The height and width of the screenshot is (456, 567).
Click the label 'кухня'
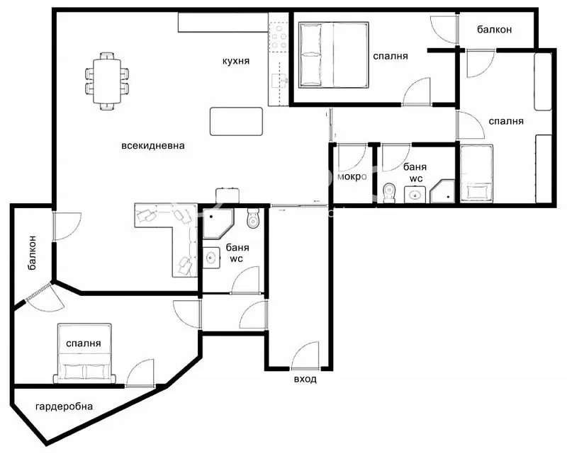[x=235, y=62]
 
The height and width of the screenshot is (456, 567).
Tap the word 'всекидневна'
[x=153, y=146]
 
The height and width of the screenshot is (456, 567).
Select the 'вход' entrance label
[x=305, y=379]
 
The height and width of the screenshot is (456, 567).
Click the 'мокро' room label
[x=352, y=177]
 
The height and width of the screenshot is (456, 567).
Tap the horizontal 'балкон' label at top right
[x=494, y=30]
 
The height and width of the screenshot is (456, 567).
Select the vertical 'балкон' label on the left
[x=33, y=253]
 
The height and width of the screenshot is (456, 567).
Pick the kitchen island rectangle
[x=237, y=121]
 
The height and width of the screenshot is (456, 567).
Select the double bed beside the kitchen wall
[x=334, y=55]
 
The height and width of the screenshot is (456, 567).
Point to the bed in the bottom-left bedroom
[x=84, y=353]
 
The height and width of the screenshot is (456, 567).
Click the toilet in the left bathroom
[x=254, y=220]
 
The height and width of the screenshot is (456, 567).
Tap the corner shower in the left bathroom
[x=215, y=224]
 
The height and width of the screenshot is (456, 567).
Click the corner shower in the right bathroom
[x=445, y=191]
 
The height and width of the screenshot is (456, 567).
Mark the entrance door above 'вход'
[x=305, y=355]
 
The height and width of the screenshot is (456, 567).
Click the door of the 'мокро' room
[x=351, y=156]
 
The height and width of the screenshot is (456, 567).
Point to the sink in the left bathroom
[x=210, y=258]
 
